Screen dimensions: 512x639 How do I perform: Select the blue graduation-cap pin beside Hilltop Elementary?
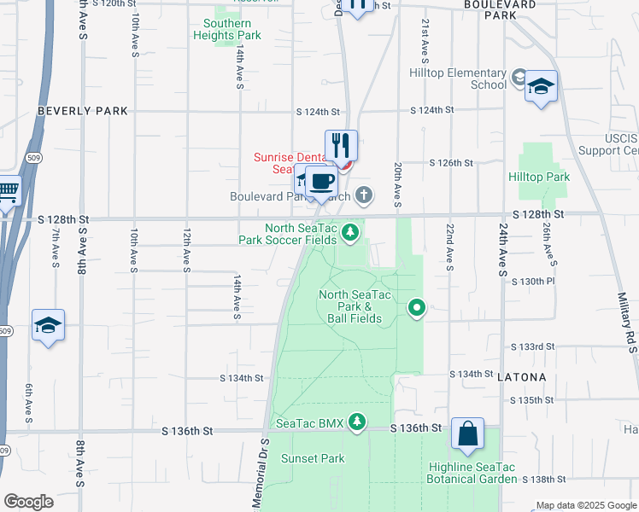[541, 87]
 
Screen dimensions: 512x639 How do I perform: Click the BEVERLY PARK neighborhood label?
[83, 111]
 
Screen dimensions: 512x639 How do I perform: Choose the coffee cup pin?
[321, 181]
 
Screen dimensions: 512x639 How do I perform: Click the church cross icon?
[364, 196]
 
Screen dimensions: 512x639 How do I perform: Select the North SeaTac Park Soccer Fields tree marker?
[349, 231]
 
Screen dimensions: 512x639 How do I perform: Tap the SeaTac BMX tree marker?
[356, 422]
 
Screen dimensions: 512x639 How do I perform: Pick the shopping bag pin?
[468, 434]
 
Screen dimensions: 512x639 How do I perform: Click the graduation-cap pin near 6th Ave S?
[49, 326]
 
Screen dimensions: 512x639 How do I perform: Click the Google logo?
[28, 502]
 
